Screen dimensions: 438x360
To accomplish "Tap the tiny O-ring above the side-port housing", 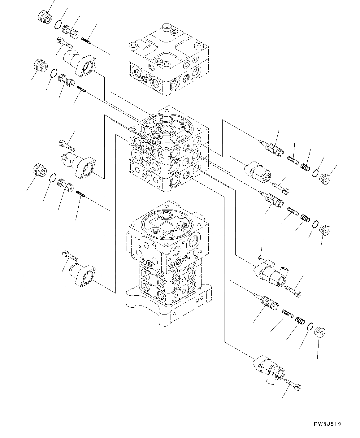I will coord(261,257).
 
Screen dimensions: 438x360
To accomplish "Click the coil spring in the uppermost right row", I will coord(306,167).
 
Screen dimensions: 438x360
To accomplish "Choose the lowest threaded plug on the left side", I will coord(39,170).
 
